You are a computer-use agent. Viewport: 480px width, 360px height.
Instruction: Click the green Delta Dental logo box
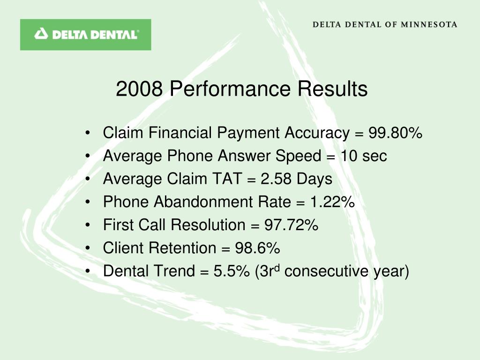[x=85, y=35]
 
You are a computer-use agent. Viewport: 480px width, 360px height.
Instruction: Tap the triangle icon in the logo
[x=41, y=34]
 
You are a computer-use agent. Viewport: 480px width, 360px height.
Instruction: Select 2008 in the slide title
[x=139, y=89]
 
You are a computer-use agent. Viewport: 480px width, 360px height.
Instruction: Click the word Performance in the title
[x=230, y=89]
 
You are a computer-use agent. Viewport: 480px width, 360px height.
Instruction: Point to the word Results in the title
[x=332, y=89]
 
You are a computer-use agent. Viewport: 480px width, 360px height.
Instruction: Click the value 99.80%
[x=395, y=133]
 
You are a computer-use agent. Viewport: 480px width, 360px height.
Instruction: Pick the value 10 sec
[x=364, y=156]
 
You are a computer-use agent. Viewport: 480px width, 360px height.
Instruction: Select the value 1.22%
[x=332, y=202]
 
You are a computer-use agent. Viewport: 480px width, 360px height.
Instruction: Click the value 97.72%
[x=292, y=225]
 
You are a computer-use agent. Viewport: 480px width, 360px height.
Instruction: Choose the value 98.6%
[x=257, y=248]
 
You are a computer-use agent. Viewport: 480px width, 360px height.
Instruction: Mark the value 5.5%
[x=232, y=271]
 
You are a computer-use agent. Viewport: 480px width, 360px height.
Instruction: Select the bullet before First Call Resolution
[x=88, y=225]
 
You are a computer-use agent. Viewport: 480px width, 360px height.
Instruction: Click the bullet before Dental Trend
[x=88, y=271]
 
